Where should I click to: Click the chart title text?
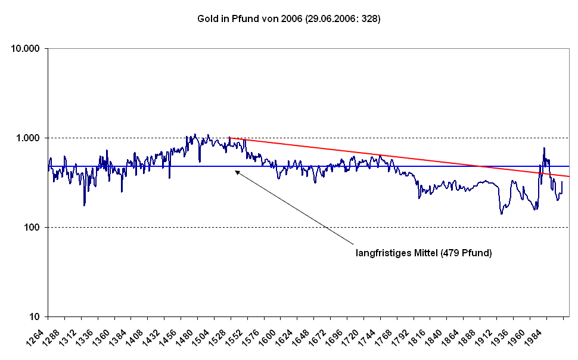288,19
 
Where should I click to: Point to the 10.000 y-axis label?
26,48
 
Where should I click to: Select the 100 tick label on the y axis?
32,227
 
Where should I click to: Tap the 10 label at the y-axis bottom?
35,316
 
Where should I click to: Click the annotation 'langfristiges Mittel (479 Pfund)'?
424,253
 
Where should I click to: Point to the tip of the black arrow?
235,171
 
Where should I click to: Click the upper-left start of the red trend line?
230,138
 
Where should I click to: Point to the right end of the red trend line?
569,176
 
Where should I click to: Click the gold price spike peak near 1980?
544,148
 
